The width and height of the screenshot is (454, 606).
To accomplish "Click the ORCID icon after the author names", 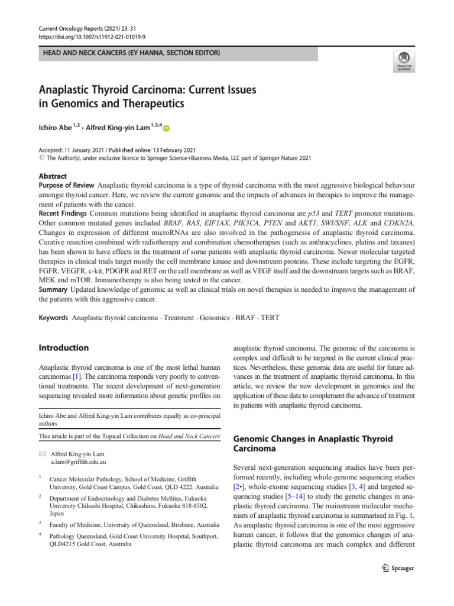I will [166, 128].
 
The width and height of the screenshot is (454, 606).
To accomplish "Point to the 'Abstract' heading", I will [53, 176].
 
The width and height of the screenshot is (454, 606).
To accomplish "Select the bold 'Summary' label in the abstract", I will [53, 289].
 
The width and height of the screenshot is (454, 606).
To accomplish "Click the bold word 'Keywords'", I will [54, 318].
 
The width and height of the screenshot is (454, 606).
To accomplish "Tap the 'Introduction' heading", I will [64, 348].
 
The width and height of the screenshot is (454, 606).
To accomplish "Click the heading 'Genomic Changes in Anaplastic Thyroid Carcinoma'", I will [313, 444].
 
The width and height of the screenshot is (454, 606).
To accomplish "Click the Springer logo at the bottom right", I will [398, 568].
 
